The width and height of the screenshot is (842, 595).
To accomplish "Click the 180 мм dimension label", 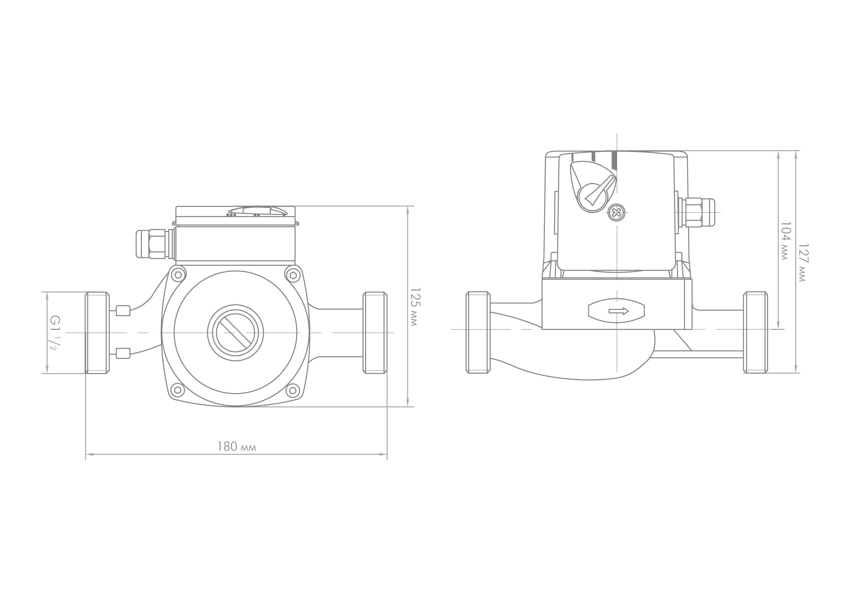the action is coord(236,447).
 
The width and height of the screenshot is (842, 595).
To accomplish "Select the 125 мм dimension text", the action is coord(414,307).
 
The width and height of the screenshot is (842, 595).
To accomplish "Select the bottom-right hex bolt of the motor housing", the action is coord(293,391).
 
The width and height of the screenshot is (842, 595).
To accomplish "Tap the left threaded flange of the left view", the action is coord(97,332).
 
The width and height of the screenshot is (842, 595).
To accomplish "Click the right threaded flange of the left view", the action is coord(375,332).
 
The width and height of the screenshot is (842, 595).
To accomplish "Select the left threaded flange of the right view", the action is coord(478,332).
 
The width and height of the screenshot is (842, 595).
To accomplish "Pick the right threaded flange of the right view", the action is coord(755,332).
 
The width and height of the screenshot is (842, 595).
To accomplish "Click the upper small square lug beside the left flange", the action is coord(123,311).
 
